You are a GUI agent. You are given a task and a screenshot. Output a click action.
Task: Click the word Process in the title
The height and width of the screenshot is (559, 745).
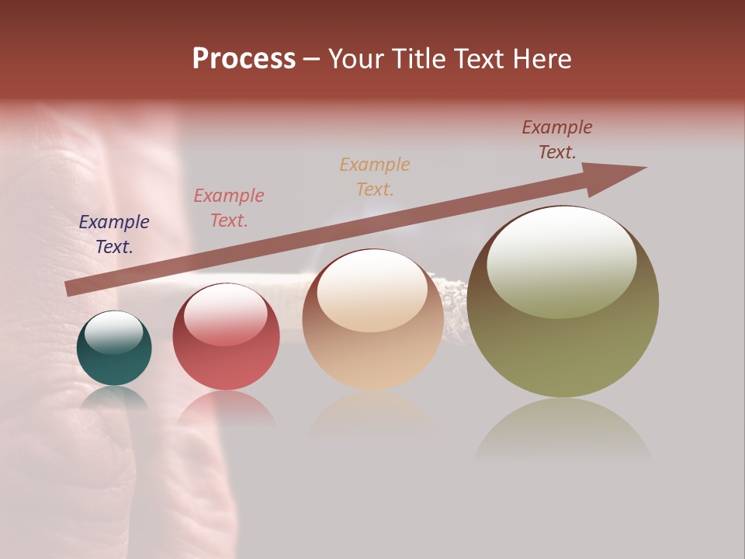click(x=244, y=59)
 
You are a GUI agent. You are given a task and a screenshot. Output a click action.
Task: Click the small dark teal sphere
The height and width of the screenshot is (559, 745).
click(x=114, y=349)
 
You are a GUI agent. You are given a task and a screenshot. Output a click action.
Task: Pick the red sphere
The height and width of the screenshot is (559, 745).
click(x=226, y=337)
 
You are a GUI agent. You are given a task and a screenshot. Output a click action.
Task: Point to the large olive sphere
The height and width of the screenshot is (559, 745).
click(x=563, y=302)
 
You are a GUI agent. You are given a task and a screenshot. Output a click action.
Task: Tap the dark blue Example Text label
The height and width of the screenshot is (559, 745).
click(x=114, y=234)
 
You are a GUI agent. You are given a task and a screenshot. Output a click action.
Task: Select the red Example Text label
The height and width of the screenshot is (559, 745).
click(x=229, y=208)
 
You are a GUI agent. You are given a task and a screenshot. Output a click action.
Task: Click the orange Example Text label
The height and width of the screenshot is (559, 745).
click(x=375, y=177)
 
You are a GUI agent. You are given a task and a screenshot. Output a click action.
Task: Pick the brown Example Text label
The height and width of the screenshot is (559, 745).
click(x=557, y=140)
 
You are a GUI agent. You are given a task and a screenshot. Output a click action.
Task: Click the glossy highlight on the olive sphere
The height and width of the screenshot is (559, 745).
click(x=561, y=262)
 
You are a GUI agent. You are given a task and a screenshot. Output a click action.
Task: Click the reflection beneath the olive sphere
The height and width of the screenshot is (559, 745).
click(x=563, y=431)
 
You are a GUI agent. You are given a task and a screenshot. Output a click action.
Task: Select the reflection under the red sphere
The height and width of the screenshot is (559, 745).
click(x=226, y=408)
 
